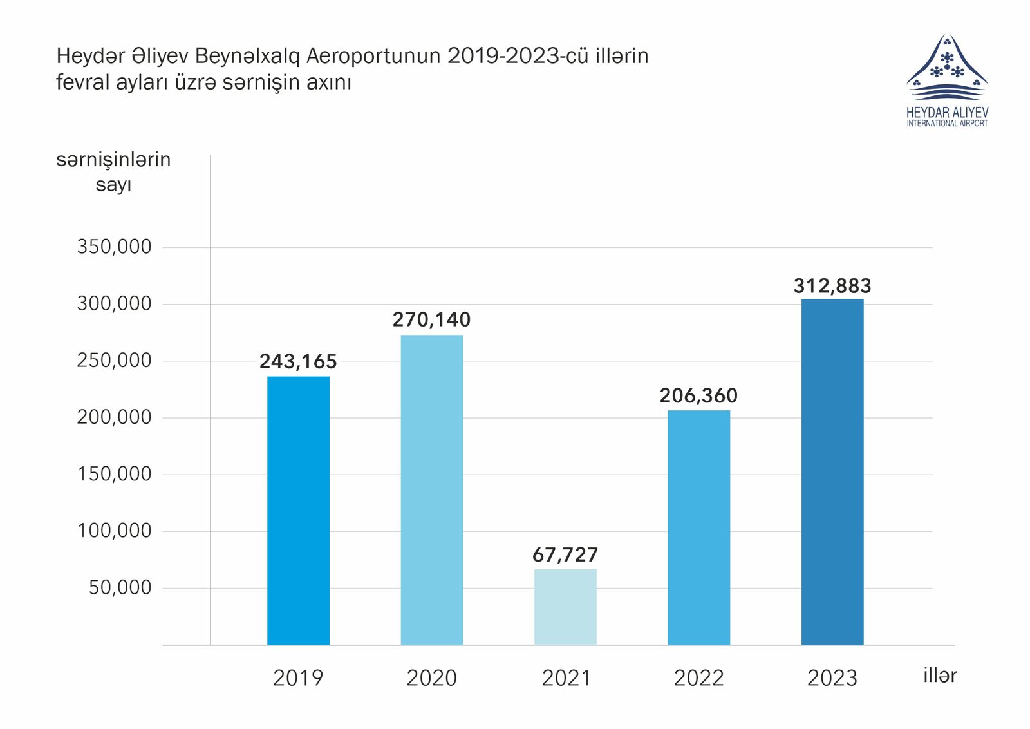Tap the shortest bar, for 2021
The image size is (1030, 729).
(x=565, y=607)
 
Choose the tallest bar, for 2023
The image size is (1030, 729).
(x=832, y=471)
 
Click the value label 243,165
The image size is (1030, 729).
(x=298, y=362)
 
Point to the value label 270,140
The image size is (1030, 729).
(x=431, y=320)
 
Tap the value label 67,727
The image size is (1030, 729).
(x=565, y=555)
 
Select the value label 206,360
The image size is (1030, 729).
(x=698, y=395)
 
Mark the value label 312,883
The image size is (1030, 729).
(x=832, y=286)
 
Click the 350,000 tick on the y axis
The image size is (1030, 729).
(x=114, y=247)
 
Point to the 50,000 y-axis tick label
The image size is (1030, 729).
(x=120, y=587)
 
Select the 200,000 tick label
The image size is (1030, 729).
(x=114, y=417)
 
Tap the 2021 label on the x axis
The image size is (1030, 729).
(x=566, y=678)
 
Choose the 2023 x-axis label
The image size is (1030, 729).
(x=832, y=678)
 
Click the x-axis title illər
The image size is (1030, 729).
(x=940, y=676)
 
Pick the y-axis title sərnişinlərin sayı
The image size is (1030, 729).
(x=113, y=172)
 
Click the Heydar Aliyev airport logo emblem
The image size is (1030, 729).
(x=947, y=68)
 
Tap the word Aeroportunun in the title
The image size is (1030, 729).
(x=373, y=57)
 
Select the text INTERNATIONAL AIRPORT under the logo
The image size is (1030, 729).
(x=947, y=124)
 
